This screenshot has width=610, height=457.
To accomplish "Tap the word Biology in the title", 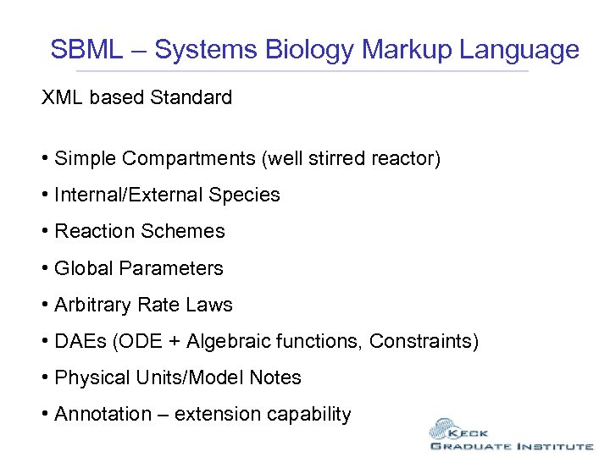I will pyautogui.click(x=310, y=50).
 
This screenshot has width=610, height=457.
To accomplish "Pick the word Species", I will pyautogui.click(x=244, y=195).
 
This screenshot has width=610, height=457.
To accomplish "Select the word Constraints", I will pyautogui.click(x=423, y=342).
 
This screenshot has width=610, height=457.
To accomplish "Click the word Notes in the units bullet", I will pyautogui.click(x=277, y=378).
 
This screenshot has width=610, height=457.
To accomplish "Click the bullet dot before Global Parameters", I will pyautogui.click(x=45, y=269).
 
